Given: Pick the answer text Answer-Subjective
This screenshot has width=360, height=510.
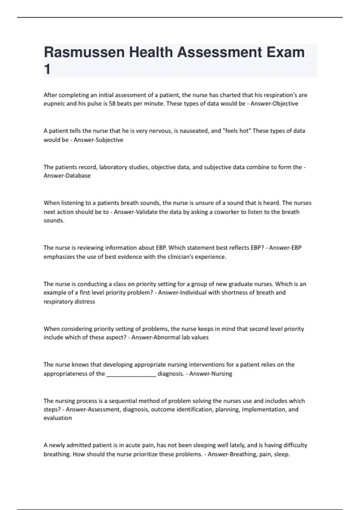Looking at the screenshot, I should (98, 140).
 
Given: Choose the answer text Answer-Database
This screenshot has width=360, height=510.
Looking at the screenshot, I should (67, 176).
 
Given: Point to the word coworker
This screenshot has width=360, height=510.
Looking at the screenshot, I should (226, 212).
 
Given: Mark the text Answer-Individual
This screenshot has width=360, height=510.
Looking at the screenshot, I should (182, 292).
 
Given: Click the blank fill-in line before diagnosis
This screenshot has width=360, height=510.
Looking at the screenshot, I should (131, 374).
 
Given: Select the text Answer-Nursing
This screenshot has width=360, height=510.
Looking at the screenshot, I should (211, 374).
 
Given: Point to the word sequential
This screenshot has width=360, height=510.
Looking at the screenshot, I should (122, 401).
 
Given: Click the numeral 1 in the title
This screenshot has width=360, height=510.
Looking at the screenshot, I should (47, 70).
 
